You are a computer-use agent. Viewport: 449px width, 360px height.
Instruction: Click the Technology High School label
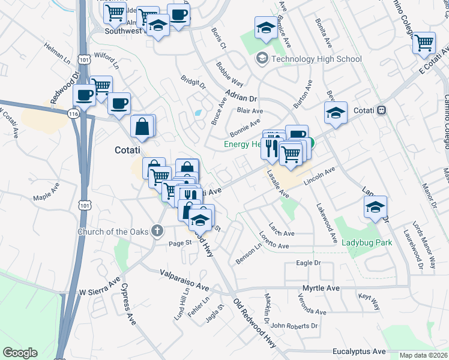click(x=316, y=59)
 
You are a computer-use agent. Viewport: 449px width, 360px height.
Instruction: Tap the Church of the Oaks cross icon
click(x=157, y=231)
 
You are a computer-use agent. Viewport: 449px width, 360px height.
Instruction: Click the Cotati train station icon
click(x=382, y=111)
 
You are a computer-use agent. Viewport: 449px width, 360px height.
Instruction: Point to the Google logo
click(x=20, y=353)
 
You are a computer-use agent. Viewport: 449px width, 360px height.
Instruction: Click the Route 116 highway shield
click(x=73, y=113)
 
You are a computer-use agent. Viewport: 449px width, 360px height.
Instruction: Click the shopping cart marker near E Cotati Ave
click(x=424, y=43)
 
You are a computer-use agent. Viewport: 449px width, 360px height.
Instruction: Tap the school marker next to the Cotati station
click(x=336, y=113)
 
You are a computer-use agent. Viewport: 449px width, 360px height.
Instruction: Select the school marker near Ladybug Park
click(x=375, y=208)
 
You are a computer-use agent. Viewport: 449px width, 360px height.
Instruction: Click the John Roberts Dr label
click(x=294, y=326)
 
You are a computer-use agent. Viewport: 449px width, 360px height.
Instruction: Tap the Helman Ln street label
click(x=58, y=51)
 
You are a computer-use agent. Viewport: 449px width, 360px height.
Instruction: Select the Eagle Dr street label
click(x=309, y=263)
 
